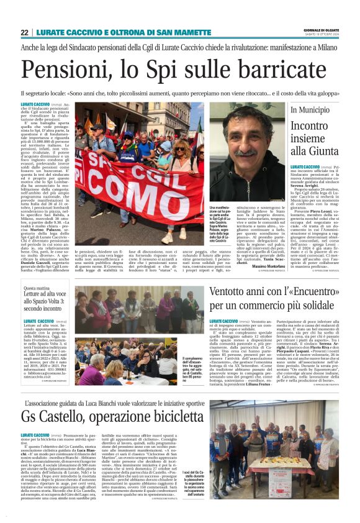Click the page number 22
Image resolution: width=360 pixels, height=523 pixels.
click(x=24, y=32)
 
